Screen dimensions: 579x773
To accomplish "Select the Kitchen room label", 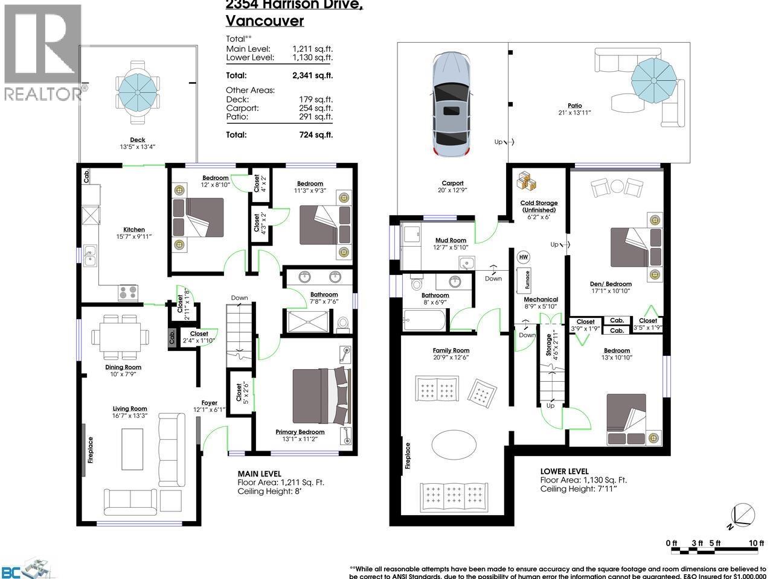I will pyautogui.click(x=134, y=229).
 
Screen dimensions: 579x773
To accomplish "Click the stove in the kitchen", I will pyautogui.click(x=127, y=293).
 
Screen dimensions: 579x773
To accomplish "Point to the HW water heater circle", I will pyautogui.click(x=523, y=256).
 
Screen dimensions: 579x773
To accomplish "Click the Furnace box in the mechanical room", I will pyautogui.click(x=527, y=281).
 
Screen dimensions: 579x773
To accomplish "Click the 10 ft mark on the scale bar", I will pyautogui.click(x=756, y=543).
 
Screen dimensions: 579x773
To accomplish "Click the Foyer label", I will pyautogui.click(x=209, y=403).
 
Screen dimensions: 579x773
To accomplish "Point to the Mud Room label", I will pyautogui.click(x=451, y=240).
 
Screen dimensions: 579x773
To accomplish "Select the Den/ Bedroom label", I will pyautogui.click(x=611, y=284).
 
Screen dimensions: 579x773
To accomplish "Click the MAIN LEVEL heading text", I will pyautogui.click(x=259, y=473).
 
